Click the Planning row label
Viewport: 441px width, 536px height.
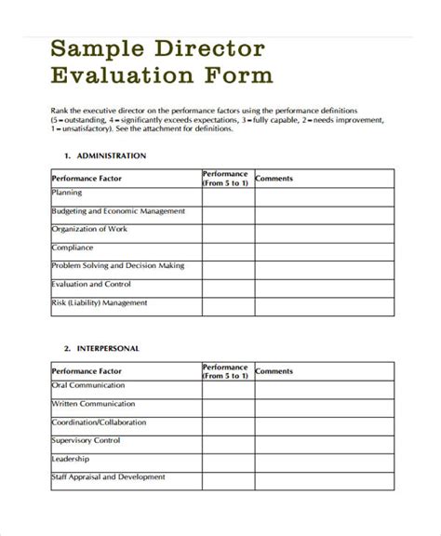coord(68,193)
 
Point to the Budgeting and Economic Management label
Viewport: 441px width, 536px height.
coord(118,211)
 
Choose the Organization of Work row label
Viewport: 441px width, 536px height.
coord(91,229)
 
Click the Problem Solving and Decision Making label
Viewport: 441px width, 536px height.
coord(117,266)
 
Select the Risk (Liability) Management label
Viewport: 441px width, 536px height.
coord(99,303)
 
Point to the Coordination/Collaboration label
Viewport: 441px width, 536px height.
coord(100,422)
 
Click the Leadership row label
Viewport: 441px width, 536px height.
coord(71,459)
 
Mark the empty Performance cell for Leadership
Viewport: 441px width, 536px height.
coord(227,461)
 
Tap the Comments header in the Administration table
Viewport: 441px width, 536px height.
coord(274,177)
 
